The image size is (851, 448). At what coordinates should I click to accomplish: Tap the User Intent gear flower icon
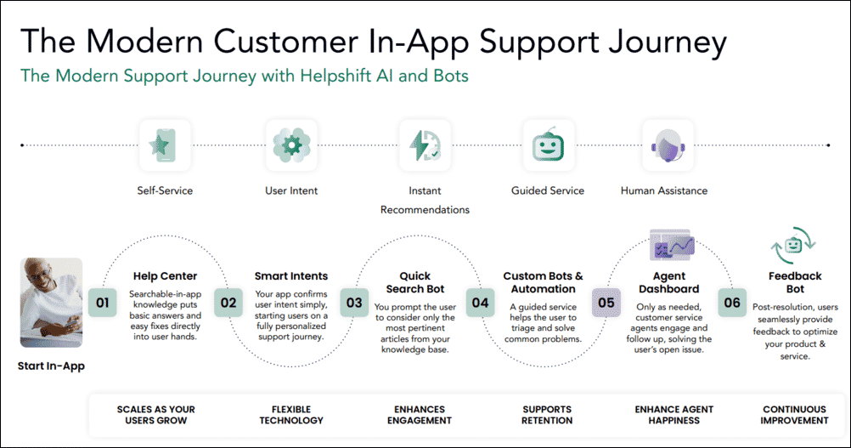click(x=292, y=145)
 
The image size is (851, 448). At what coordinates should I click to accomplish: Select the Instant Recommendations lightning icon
click(x=424, y=145)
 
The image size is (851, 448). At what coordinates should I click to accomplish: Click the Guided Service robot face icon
click(x=547, y=145)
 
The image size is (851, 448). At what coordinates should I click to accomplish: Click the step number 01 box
click(x=103, y=302)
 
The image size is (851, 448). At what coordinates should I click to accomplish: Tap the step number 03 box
click(x=353, y=302)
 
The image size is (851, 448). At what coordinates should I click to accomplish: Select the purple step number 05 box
click(x=606, y=302)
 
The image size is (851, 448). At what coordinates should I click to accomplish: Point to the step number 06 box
click(x=730, y=302)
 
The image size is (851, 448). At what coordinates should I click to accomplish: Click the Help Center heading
click(x=165, y=276)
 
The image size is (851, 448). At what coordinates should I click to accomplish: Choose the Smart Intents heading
click(x=291, y=276)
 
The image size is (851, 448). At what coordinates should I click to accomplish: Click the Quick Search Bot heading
click(x=415, y=282)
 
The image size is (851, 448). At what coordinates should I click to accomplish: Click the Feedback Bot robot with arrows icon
click(x=794, y=246)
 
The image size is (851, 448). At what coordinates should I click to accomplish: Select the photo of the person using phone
click(x=51, y=301)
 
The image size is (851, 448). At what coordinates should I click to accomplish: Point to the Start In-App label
click(x=51, y=367)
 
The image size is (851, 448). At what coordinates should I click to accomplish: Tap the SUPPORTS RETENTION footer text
click(x=547, y=415)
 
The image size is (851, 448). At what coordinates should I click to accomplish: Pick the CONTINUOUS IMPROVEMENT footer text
click(x=795, y=415)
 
